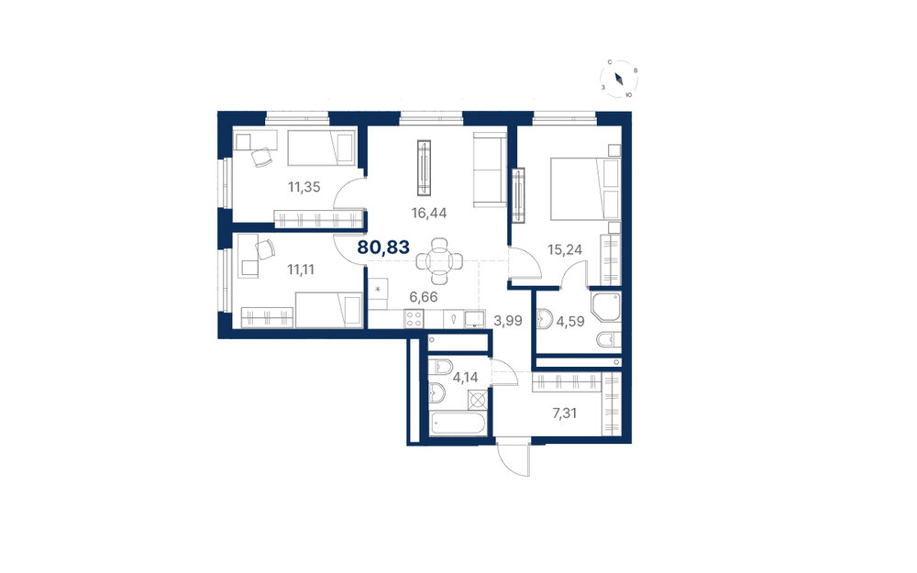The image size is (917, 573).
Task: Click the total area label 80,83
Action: click(383, 248)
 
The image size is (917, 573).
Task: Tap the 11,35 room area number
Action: click(304, 187)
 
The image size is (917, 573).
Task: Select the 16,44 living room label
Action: click(428, 213)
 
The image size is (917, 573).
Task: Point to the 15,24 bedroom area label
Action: click(565, 249)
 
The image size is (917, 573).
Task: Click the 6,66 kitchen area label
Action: click(424, 297)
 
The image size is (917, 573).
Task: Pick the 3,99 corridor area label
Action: click(508, 320)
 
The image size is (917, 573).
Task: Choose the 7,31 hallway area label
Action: click(565, 413)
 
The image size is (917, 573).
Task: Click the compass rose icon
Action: click(619, 78)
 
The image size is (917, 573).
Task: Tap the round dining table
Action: click(439, 260)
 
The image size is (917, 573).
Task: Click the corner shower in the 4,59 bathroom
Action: click(605, 307)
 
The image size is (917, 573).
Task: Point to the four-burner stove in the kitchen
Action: click(414, 319)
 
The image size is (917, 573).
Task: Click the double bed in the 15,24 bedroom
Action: click(585, 189)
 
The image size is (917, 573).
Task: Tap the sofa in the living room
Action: click(490, 170)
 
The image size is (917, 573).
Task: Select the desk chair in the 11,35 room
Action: click(261, 158)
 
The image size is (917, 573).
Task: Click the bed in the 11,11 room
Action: click(328, 311)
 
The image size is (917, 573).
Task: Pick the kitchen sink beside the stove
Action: click(473, 319)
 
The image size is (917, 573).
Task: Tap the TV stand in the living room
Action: click(424, 168)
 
